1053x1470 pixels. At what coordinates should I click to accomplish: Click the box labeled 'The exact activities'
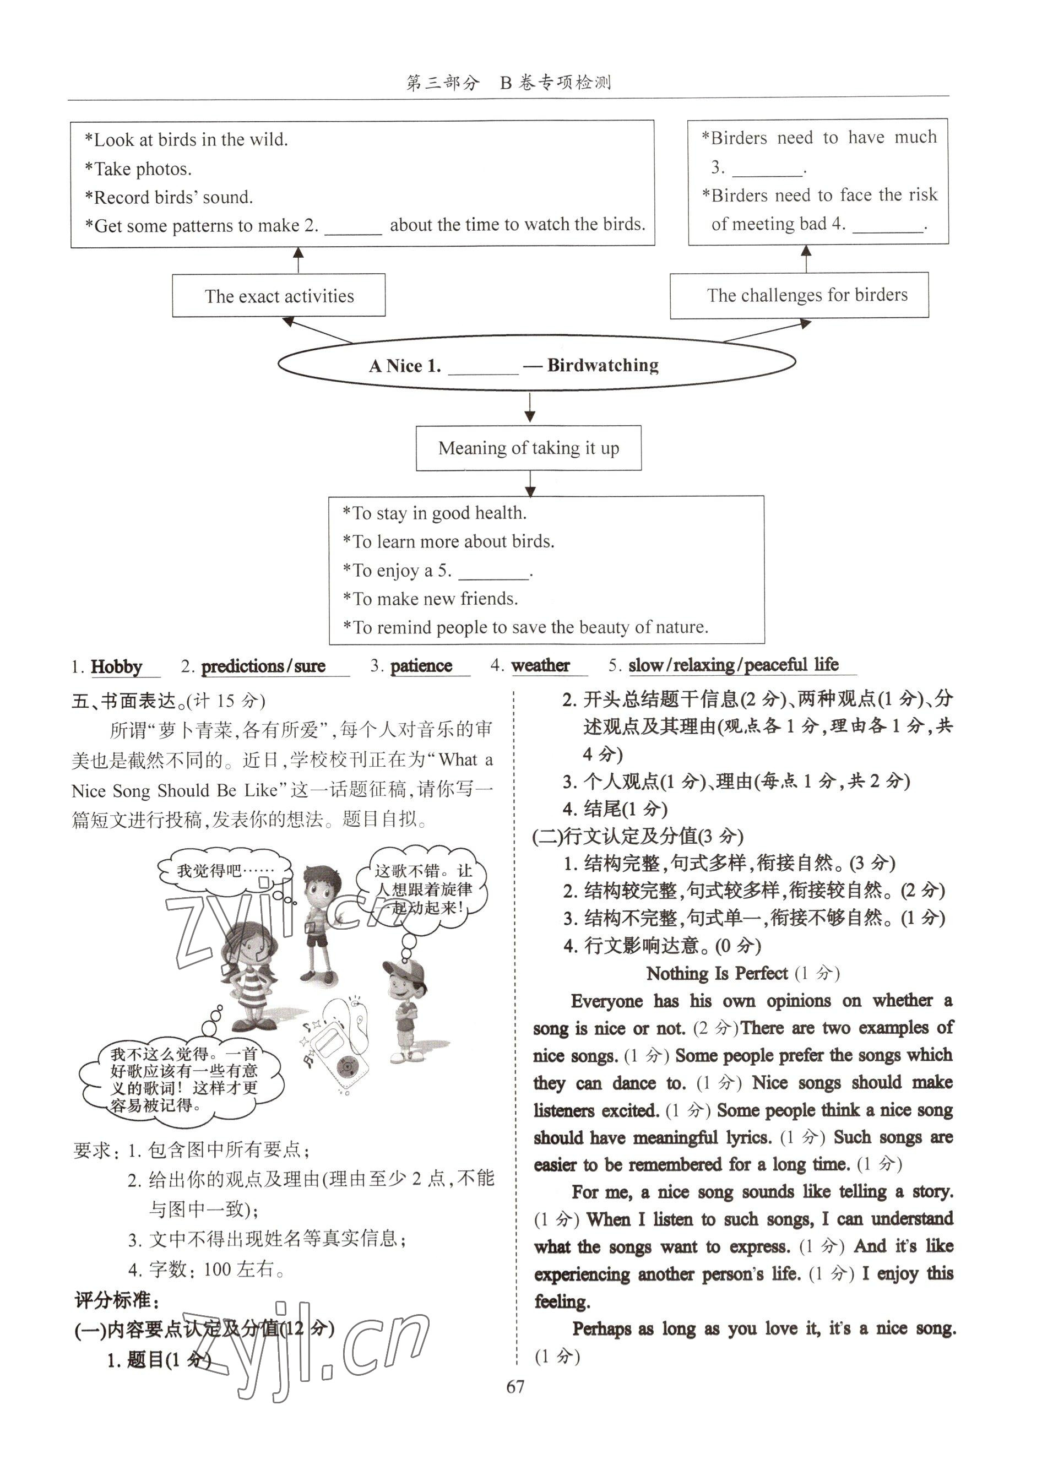click(279, 296)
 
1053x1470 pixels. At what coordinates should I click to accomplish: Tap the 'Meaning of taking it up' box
click(528, 448)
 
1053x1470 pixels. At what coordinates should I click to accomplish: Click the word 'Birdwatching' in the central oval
click(603, 366)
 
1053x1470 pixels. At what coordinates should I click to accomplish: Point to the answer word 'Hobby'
click(117, 667)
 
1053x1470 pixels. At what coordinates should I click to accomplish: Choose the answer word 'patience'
click(421, 666)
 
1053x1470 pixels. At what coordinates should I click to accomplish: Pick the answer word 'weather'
click(540, 665)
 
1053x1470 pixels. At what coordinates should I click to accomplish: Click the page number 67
click(515, 1386)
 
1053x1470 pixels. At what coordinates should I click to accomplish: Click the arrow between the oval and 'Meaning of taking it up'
click(530, 408)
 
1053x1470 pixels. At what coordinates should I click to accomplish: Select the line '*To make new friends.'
click(430, 599)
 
